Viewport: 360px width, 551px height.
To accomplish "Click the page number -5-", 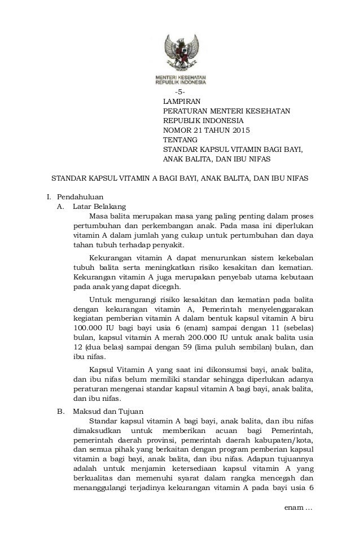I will (x=179, y=93).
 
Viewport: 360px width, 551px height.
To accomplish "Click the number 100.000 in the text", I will (x=91, y=327).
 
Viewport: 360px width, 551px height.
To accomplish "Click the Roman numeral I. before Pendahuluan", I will (x=49, y=197).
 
